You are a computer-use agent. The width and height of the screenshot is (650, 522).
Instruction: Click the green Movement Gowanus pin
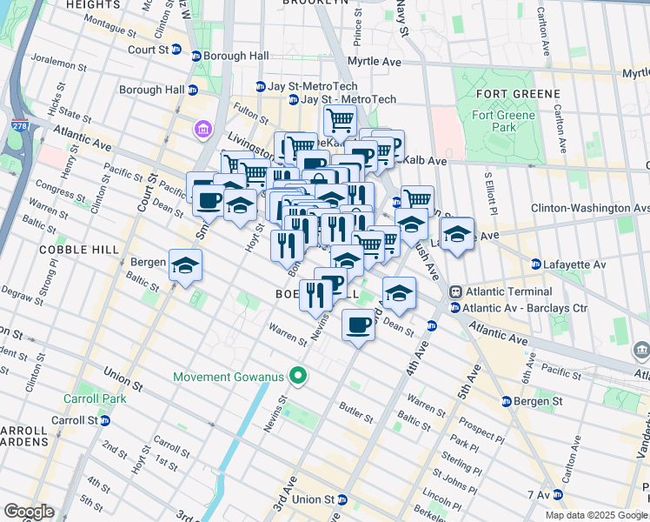pyautogui.click(x=298, y=377)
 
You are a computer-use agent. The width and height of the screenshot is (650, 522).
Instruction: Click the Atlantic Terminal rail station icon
pyautogui.click(x=454, y=291)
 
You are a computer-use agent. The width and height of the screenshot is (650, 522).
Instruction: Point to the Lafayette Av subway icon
pyautogui.click(x=536, y=264)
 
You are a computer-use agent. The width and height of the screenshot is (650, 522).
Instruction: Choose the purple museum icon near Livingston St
pyautogui.click(x=203, y=130)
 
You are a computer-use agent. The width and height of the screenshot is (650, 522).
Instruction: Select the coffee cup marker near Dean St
pyautogui.click(x=359, y=327)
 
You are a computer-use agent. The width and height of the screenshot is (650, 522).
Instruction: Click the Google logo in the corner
pyautogui.click(x=29, y=512)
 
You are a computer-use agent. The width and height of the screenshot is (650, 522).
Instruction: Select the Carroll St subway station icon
pyautogui.click(x=104, y=420)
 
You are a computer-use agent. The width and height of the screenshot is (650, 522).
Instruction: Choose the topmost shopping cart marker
pyautogui.click(x=339, y=119)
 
